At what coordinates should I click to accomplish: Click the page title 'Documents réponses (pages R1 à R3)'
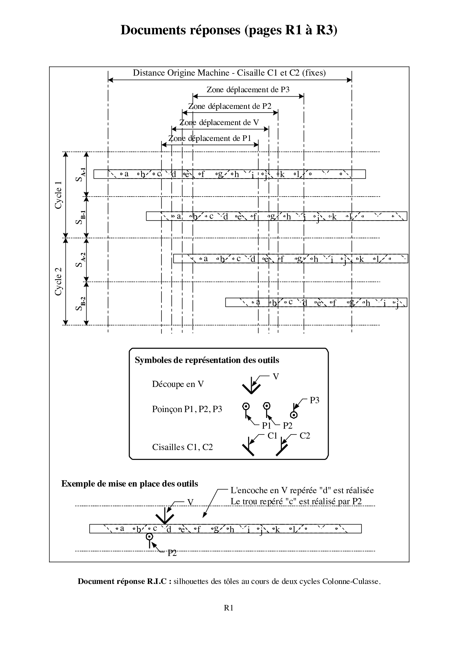228,30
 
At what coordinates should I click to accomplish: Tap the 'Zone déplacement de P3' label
248,90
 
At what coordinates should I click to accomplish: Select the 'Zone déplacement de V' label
219,122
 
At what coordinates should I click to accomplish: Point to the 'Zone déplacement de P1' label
209,139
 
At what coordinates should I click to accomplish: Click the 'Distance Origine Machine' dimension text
229,73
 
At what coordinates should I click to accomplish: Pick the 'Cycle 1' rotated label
59,195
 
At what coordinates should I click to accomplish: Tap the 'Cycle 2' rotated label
59,281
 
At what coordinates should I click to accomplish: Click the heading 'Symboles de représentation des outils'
207,360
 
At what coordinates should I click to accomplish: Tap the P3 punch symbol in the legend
294,412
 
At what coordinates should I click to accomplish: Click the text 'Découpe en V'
178,384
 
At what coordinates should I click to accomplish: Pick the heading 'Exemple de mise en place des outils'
129,484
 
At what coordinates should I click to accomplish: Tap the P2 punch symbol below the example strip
149,538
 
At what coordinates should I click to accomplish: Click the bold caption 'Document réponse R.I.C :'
125,582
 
